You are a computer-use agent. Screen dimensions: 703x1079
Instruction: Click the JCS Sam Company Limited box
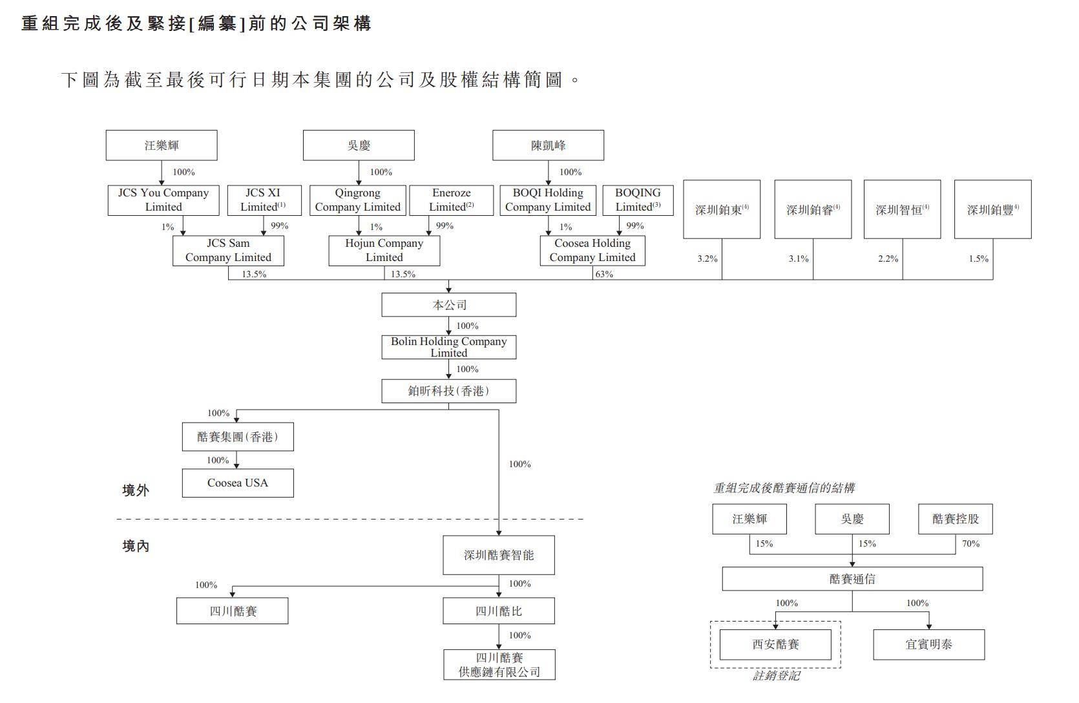(228, 251)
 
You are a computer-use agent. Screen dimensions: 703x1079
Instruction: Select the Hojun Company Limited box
(384, 251)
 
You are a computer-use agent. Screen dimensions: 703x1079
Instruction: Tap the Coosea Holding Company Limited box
(592, 251)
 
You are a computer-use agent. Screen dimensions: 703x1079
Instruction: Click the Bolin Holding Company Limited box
(448, 347)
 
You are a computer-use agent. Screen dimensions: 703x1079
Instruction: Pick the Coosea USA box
(238, 483)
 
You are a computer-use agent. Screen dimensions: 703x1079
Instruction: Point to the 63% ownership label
(604, 274)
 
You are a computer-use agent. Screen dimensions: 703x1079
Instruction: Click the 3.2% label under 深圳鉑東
(707, 258)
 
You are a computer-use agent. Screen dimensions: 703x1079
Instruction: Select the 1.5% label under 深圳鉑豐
(978, 258)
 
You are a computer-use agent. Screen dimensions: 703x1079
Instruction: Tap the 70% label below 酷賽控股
(970, 544)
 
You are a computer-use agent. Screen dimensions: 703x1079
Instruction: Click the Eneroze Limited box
(452, 200)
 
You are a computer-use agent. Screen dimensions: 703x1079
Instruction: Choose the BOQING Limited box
(638, 200)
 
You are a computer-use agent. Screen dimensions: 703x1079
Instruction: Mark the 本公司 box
(448, 305)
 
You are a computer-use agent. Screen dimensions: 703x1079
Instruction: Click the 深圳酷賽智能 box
(499, 555)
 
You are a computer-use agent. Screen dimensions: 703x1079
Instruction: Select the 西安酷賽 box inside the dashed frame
(775, 645)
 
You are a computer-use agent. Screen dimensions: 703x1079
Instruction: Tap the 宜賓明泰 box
(928, 645)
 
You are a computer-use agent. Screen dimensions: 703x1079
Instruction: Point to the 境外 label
(136, 490)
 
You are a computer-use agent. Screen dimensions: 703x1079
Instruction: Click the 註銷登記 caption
(776, 676)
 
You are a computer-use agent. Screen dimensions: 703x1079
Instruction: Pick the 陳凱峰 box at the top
(548, 145)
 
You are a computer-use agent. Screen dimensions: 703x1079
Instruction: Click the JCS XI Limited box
(263, 200)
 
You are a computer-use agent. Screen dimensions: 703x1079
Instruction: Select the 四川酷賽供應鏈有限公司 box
(499, 665)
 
